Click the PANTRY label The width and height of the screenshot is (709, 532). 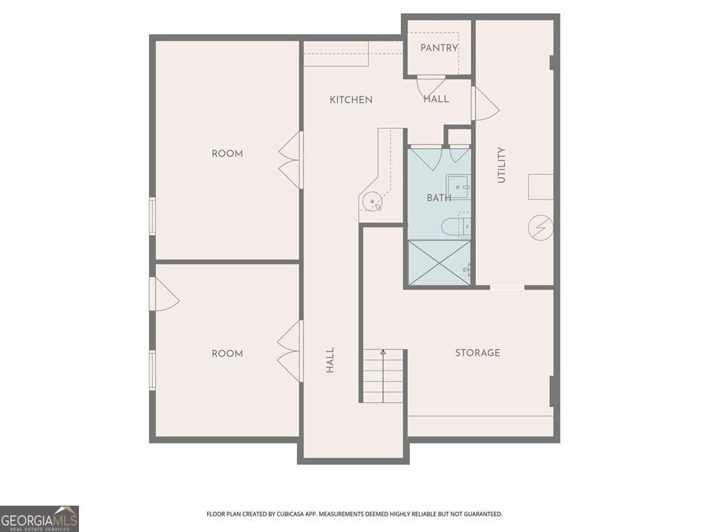[x=439, y=48]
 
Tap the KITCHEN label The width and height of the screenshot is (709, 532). [x=351, y=100]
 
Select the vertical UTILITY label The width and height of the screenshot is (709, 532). [x=501, y=165]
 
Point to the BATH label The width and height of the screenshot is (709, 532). [x=438, y=198]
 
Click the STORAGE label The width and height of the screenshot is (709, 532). [x=477, y=353]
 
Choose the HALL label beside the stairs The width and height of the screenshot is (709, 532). [x=330, y=360]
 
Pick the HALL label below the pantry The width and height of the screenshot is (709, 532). [x=436, y=99]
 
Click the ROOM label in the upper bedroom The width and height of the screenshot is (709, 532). [x=227, y=154]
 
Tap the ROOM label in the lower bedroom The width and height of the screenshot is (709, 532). [x=227, y=353]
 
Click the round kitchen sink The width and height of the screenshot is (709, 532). [x=373, y=202]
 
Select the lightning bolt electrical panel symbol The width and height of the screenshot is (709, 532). [x=541, y=227]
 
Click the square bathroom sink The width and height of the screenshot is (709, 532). [x=457, y=187]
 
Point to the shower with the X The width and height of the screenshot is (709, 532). [x=439, y=263]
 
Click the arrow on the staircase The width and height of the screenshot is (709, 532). [x=383, y=354]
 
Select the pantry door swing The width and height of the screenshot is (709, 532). [x=431, y=86]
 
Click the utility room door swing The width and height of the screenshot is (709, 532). [x=485, y=104]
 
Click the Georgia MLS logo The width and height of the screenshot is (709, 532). [x=39, y=518]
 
